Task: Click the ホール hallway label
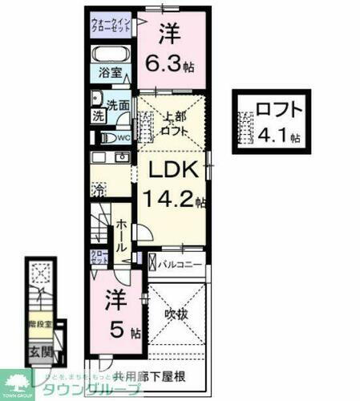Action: click(121, 231)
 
